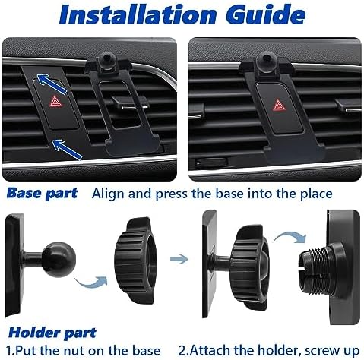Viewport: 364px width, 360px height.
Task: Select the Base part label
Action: [43, 193]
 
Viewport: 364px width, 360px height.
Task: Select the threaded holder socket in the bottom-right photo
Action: [315, 274]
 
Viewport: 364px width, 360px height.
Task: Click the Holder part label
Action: [52, 332]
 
